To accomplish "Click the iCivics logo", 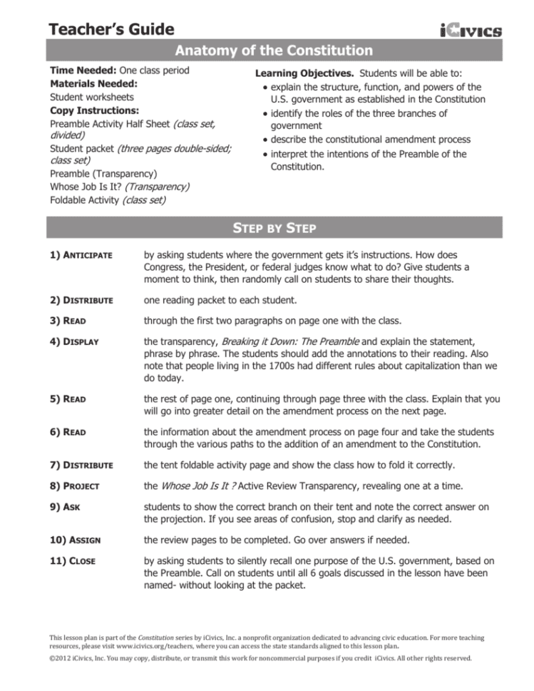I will coord(471,30).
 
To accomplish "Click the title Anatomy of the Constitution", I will coord(274,51).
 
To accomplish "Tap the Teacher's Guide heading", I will coord(111,29).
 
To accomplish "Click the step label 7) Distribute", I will coord(81,465).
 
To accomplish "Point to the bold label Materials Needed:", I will coord(93,84).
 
